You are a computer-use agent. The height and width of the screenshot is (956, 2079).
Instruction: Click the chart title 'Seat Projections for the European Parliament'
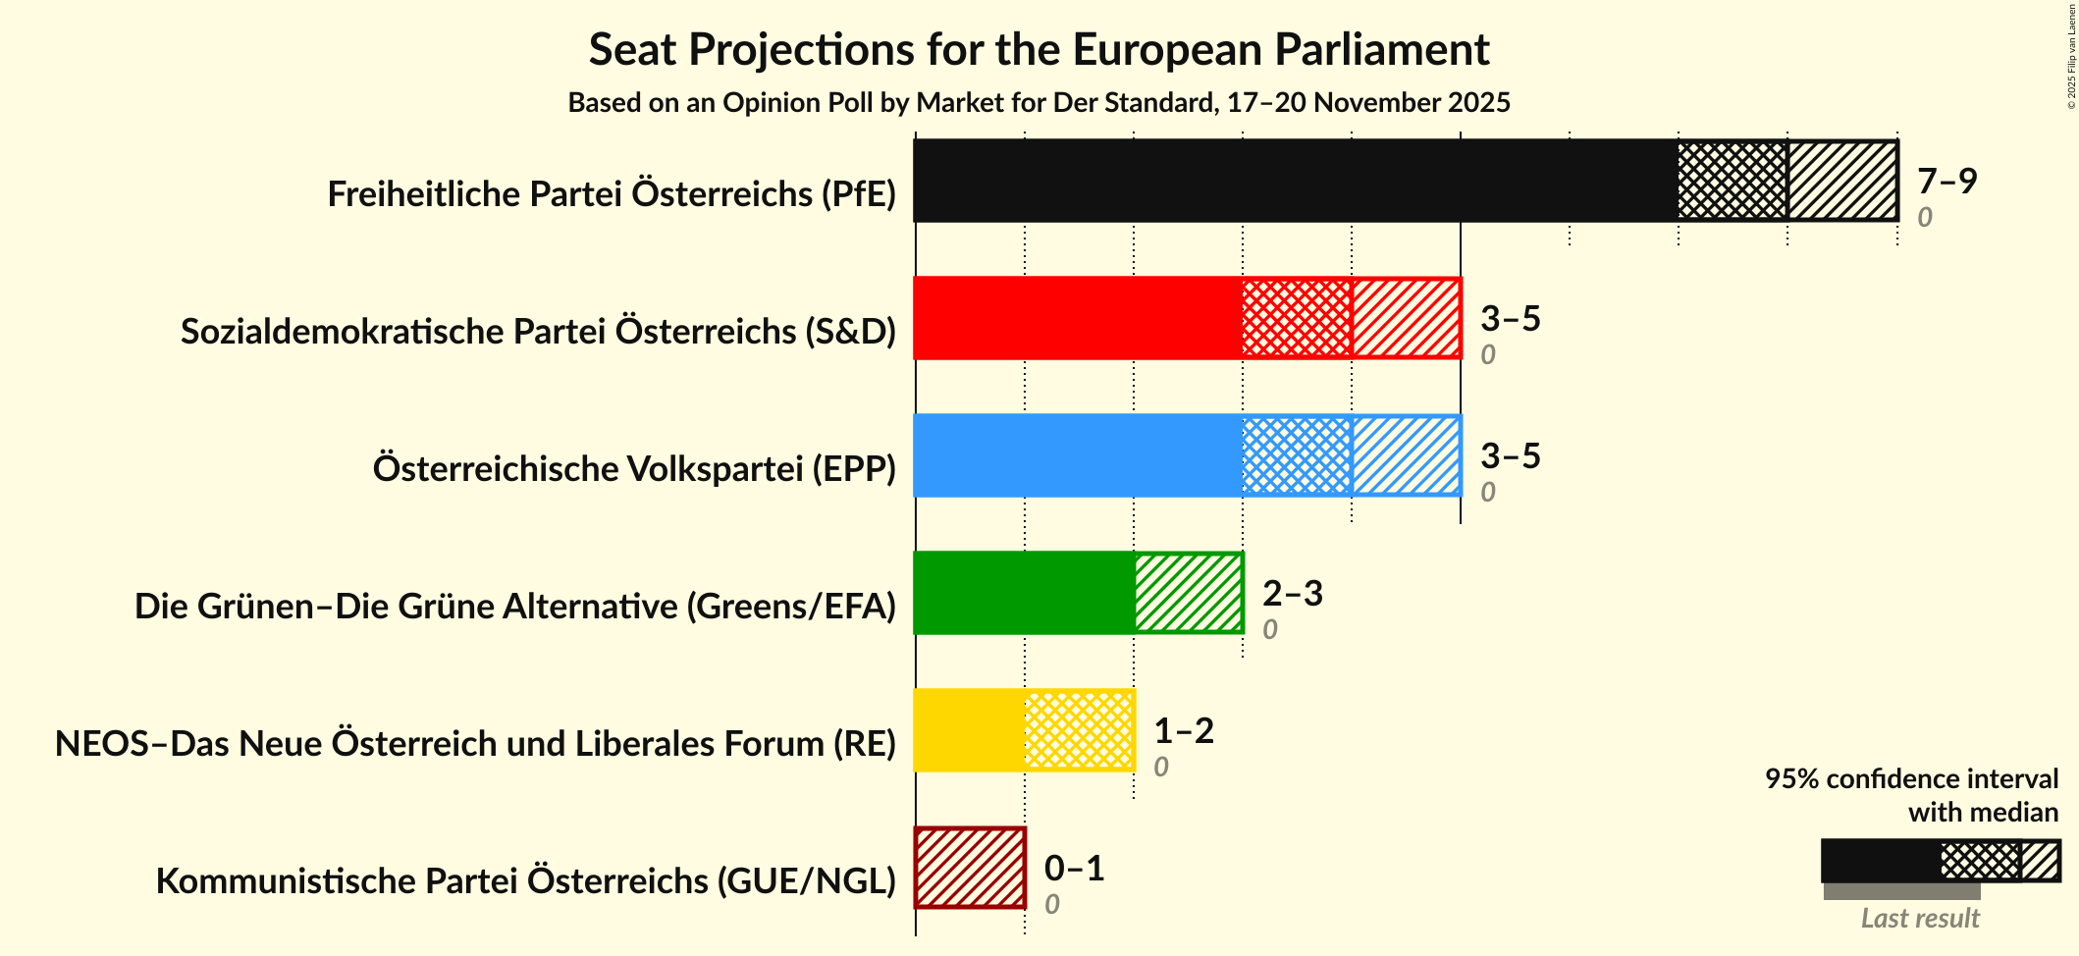click(1039, 50)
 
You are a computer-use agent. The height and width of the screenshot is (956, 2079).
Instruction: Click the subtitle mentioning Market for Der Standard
click(1039, 103)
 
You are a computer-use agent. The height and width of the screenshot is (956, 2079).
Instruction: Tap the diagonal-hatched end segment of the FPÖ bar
click(1841, 181)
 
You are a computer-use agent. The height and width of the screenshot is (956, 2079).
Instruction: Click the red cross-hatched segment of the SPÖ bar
click(1297, 318)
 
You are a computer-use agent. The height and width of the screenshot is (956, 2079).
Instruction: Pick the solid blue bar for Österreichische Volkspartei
click(1077, 455)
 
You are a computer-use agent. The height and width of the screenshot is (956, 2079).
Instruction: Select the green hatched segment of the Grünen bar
click(1188, 593)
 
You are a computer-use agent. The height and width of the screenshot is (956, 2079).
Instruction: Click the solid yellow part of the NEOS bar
click(969, 730)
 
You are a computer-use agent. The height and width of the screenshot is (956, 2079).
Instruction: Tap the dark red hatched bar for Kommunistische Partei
click(970, 868)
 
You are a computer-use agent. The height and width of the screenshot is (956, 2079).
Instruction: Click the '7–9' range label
click(1946, 181)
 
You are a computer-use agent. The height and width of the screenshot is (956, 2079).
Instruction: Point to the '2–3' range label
click(1292, 593)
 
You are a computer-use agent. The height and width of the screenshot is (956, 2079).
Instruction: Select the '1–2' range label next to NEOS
click(1183, 730)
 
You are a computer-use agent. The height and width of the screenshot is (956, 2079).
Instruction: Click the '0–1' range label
click(1074, 868)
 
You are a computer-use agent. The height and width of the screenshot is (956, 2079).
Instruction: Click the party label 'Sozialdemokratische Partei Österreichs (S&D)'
click(538, 332)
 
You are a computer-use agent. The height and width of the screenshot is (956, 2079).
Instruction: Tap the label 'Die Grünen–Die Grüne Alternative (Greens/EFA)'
click(514, 607)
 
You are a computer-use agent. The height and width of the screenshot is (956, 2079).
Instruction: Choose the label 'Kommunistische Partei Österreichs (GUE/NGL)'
click(525, 881)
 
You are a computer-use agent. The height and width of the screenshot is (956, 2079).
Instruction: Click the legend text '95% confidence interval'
click(1910, 778)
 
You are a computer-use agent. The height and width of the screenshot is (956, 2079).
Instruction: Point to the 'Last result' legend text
click(1919, 918)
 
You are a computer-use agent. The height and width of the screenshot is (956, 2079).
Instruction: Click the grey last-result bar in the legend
click(1901, 891)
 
